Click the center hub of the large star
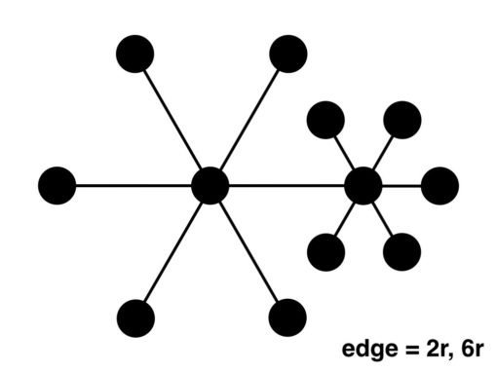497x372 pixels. pos(210,185)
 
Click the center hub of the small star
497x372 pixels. pos(363,185)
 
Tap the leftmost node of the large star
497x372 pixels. pos(57,185)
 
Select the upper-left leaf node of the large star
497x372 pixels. pos(134,54)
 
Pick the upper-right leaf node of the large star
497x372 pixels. pos(288,54)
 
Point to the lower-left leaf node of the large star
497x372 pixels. pos(134,316)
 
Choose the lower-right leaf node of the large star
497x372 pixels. pos(286,316)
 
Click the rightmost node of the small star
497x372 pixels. pos(440,185)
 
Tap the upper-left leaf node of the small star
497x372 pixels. pos(325,119)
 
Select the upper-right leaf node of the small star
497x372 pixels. pos(401,119)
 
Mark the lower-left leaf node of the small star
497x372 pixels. pos(325,251)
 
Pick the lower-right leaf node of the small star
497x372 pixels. pos(401,251)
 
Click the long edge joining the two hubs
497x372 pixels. pos(287,185)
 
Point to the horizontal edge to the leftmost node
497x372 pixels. pos(132,185)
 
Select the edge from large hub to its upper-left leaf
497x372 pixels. pos(172,120)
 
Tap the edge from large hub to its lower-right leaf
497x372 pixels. pos(248,250)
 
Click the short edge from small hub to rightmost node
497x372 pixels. pos(401,185)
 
